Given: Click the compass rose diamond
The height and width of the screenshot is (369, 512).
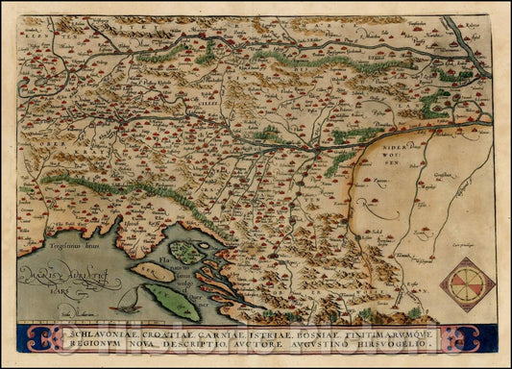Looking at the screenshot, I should point(467,284).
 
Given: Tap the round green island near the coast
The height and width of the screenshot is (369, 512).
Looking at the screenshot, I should point(187,254).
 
